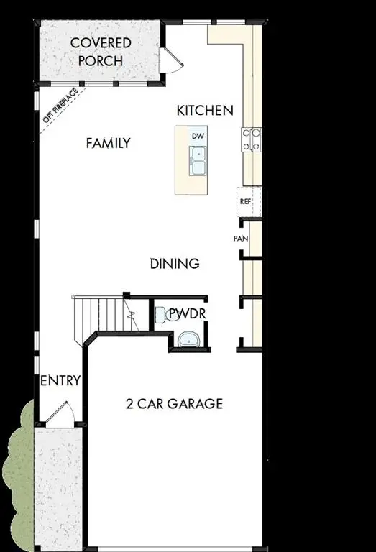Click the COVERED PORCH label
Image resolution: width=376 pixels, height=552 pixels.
pyautogui.click(x=101, y=52)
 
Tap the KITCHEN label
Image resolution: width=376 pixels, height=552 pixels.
pyautogui.click(x=205, y=110)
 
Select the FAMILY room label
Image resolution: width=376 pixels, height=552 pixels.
pyautogui.click(x=108, y=143)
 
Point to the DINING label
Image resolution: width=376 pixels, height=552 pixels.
pyautogui.click(x=174, y=264)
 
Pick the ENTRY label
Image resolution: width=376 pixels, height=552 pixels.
pyautogui.click(x=60, y=380)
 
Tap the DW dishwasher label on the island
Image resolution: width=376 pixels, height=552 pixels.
pyautogui.click(x=198, y=135)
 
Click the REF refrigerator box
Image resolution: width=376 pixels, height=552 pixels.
pyautogui.click(x=246, y=202)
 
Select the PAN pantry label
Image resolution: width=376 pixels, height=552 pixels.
pyautogui.click(x=241, y=239)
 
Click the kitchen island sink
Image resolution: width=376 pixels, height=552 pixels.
pyautogui.click(x=198, y=160)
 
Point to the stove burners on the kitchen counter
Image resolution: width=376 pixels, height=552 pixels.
pyautogui.click(x=252, y=139)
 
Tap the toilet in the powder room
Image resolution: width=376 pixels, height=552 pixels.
pyautogui.click(x=162, y=313)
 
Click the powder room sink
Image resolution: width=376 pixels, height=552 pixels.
pyautogui.click(x=187, y=339)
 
